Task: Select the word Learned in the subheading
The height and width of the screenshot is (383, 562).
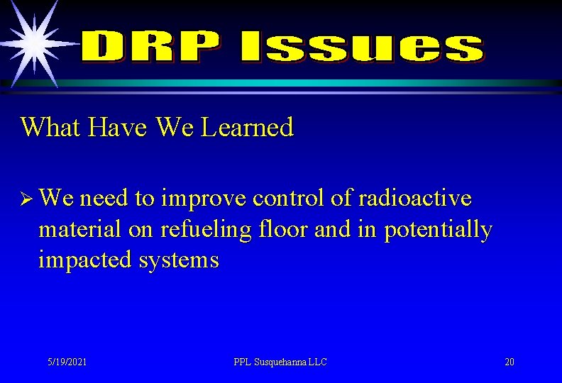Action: pos(247,128)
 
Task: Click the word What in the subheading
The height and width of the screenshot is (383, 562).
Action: pos(52,128)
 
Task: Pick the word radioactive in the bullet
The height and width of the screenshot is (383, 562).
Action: pos(414,199)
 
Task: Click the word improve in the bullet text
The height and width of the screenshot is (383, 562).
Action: pos(203,199)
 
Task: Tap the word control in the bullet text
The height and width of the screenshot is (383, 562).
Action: pos(292,199)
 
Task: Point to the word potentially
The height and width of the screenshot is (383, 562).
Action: pos(438,229)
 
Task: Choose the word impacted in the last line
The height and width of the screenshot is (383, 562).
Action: pos(84,260)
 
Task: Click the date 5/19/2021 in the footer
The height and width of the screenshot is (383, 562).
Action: pos(67,362)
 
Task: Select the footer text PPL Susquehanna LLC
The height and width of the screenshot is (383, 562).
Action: pos(280,362)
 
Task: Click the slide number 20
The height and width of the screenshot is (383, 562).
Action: pos(509,362)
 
